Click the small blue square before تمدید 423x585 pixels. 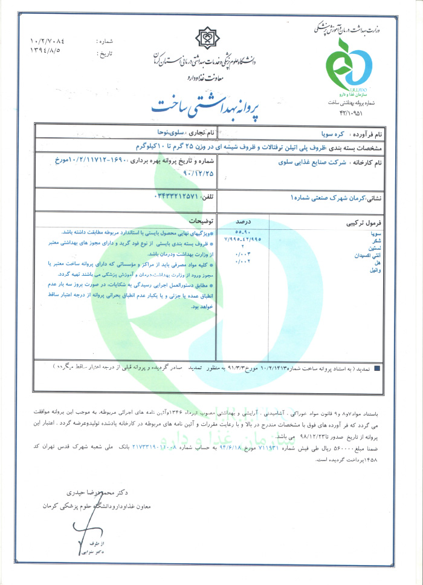pyautogui.click(x=378, y=367)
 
